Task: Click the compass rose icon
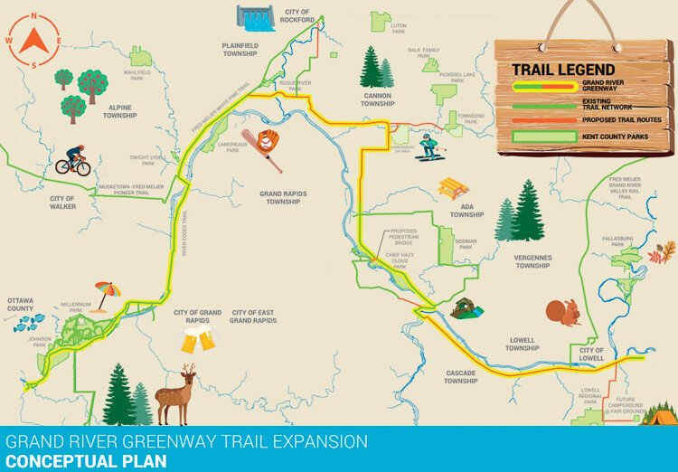tap(33, 41)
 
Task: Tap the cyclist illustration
tap(73, 161)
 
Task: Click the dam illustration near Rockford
tap(256, 17)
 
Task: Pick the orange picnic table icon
tap(453, 188)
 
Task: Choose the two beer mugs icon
tap(199, 340)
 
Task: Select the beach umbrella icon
tap(108, 293)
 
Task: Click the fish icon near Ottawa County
tap(28, 322)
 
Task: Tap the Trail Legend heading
tap(563, 70)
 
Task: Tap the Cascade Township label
tap(460, 377)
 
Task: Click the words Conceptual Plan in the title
tap(86, 461)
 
